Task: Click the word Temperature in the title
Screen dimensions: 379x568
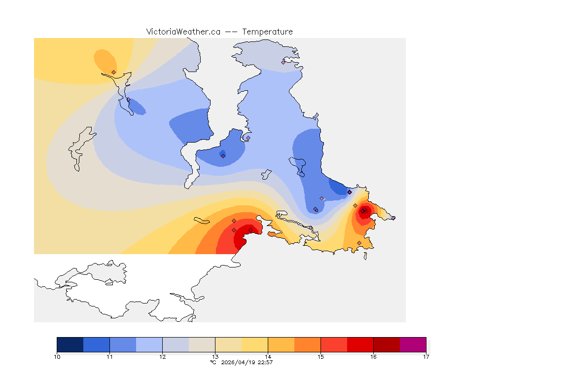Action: point(267,32)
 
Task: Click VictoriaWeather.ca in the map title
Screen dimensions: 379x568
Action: point(183,32)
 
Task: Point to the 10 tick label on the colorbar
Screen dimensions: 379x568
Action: point(57,356)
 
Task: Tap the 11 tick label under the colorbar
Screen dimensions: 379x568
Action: point(109,356)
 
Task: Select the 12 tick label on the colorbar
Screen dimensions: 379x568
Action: point(162,356)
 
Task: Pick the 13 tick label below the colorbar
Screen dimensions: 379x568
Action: point(215,356)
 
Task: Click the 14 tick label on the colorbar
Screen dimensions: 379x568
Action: point(268,356)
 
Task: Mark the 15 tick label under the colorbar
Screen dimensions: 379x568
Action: point(320,356)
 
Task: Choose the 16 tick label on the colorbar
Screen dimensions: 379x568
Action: point(373,356)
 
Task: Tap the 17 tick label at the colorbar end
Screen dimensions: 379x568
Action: point(426,356)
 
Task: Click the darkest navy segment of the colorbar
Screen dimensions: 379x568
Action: point(70,344)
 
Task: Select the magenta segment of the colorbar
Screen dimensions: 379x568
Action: point(413,344)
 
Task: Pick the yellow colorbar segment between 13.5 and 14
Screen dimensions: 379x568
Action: point(254,344)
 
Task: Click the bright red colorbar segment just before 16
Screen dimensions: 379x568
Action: point(360,344)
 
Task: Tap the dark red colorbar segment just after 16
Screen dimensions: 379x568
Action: point(387,344)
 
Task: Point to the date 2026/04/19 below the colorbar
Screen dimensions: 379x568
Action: point(239,362)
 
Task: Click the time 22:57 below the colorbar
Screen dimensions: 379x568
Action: point(265,362)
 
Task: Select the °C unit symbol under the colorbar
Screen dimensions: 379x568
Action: point(213,362)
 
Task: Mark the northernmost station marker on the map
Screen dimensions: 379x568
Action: point(284,62)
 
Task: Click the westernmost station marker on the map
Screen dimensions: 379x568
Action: point(114,72)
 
